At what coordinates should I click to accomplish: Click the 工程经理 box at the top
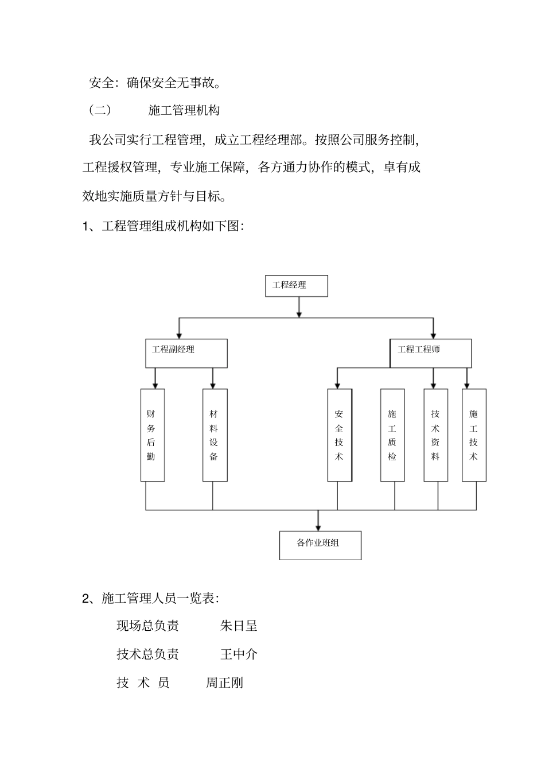(296, 286)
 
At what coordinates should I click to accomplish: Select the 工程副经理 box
(186, 353)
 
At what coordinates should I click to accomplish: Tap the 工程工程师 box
(430, 353)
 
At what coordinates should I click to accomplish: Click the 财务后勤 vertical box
(153, 435)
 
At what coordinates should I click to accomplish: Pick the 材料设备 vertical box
(215, 435)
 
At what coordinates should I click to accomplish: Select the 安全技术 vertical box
(340, 435)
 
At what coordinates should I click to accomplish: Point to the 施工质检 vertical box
(392, 435)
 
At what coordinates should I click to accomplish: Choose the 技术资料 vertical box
(435, 435)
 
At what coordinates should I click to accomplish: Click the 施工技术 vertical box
(474, 435)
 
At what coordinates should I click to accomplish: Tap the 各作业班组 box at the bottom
(320, 545)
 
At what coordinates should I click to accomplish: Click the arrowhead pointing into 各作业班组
(318, 527)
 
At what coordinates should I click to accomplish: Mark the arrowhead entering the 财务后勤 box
(155, 385)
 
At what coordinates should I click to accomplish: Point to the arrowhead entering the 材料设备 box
(213, 385)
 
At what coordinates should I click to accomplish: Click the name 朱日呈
(239, 626)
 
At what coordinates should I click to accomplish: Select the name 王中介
(239, 654)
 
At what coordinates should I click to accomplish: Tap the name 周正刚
(224, 683)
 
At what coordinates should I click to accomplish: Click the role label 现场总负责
(147, 626)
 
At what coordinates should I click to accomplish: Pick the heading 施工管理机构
(184, 110)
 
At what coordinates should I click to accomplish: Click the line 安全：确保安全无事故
(155, 83)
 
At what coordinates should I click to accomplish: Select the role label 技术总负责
(147, 654)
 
